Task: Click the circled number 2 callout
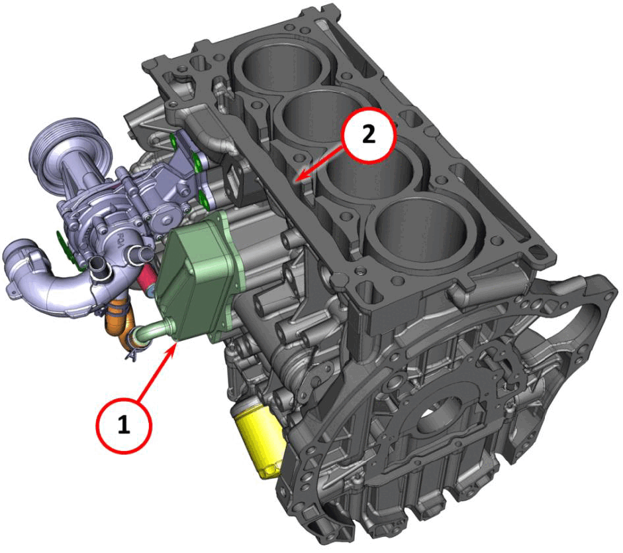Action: click(x=369, y=135)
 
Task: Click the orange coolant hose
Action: click(x=119, y=323)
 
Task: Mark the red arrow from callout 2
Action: click(x=320, y=164)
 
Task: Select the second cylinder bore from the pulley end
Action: click(x=318, y=115)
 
